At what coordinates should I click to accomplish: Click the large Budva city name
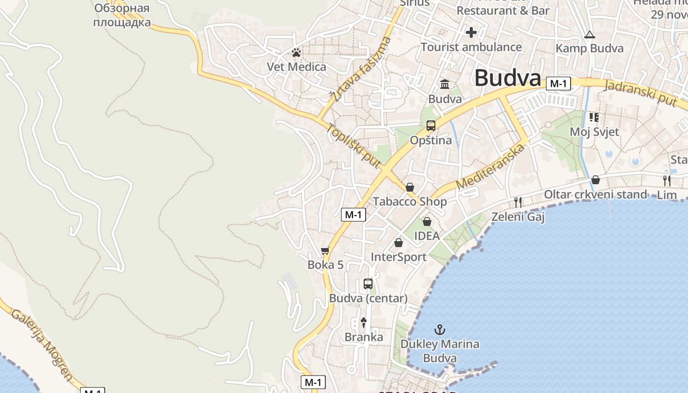[508, 78]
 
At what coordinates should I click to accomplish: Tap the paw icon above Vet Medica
[296, 53]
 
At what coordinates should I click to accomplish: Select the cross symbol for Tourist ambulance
[471, 33]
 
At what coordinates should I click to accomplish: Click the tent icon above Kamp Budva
[589, 35]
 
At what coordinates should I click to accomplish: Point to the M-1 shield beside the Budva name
[558, 84]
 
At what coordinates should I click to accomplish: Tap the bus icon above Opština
[431, 126]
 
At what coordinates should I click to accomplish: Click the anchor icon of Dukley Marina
[440, 330]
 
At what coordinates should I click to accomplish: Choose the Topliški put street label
[354, 145]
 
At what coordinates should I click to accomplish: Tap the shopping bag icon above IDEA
[427, 222]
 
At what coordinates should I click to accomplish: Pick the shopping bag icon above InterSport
[399, 243]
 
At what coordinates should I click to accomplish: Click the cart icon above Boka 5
[325, 251]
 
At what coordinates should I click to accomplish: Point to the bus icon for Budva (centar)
[368, 283]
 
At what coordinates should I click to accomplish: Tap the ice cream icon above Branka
[364, 323]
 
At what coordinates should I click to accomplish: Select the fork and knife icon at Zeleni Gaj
[517, 202]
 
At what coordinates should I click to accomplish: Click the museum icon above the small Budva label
[445, 84]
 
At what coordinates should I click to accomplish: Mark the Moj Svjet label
[594, 132]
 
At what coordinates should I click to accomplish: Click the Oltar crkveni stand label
[595, 195]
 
